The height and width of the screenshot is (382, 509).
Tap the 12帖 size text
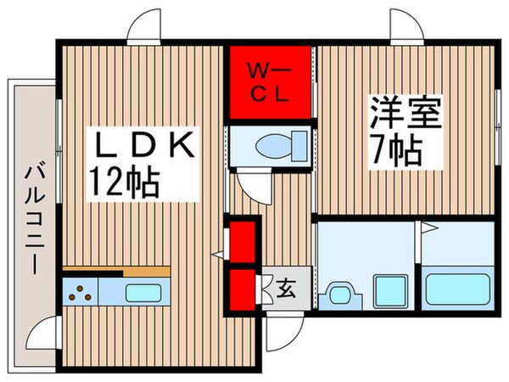pos(126,181)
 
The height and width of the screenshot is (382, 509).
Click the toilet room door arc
pos(252,179)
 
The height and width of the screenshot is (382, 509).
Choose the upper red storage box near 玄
pos(243,241)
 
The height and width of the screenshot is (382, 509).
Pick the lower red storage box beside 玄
pos(243,288)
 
